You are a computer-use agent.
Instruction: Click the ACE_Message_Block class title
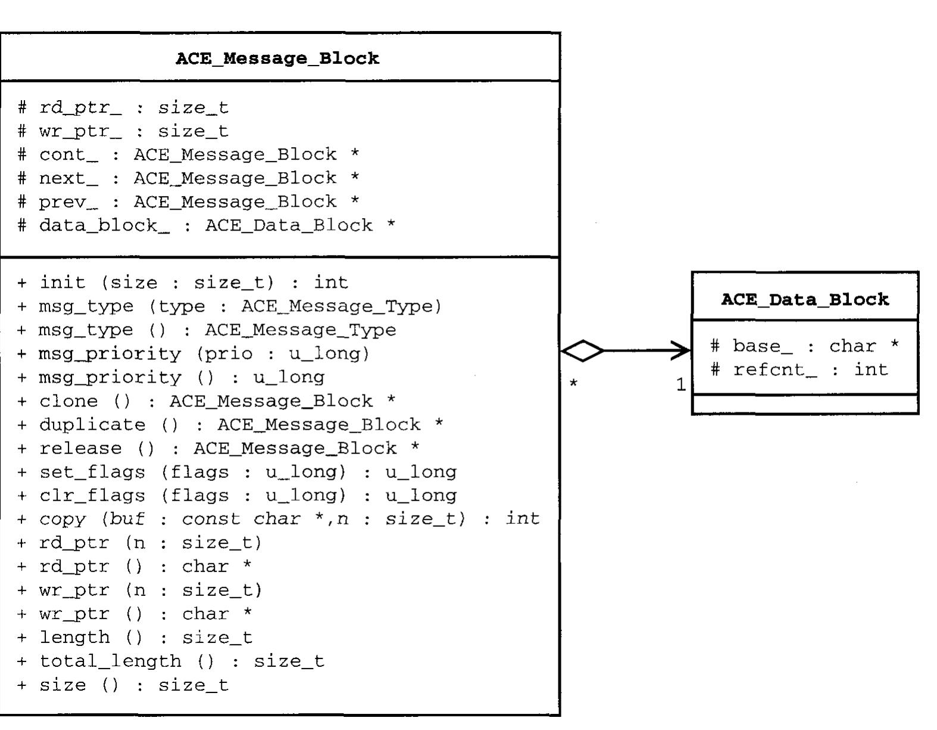(x=277, y=58)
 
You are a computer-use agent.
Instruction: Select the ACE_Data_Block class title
(x=805, y=299)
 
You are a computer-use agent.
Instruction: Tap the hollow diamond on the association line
(x=582, y=351)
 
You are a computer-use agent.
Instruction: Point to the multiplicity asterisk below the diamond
(x=573, y=384)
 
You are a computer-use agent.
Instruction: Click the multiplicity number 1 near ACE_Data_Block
(x=681, y=385)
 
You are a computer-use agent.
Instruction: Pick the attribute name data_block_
(x=104, y=226)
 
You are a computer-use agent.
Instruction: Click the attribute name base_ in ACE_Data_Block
(x=762, y=346)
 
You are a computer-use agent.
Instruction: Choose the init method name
(x=63, y=282)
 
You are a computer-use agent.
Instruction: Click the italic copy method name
(x=63, y=519)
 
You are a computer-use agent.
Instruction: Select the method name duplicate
(x=92, y=425)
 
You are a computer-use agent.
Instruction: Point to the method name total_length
(x=110, y=661)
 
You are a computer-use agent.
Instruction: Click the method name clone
(x=68, y=401)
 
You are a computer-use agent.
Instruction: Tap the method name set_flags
(x=92, y=472)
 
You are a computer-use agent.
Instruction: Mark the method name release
(x=80, y=448)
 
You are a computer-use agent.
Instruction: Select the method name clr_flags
(x=92, y=496)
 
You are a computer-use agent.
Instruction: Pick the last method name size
(x=63, y=685)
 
